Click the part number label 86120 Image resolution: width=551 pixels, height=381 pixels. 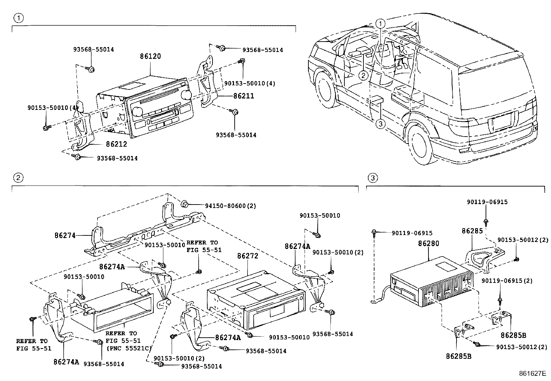150,56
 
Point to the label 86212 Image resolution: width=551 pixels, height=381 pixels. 116,144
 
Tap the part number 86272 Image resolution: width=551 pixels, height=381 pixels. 248,256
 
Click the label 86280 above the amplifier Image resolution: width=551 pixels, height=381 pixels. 428,243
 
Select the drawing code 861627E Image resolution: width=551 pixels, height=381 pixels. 532,373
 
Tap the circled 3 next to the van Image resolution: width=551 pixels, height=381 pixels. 380,124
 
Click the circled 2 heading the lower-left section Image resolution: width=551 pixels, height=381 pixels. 18,178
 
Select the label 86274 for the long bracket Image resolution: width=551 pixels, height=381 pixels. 65,235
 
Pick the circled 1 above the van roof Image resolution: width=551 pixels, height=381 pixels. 380,24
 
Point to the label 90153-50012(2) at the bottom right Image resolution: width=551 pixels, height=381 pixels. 522,346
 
